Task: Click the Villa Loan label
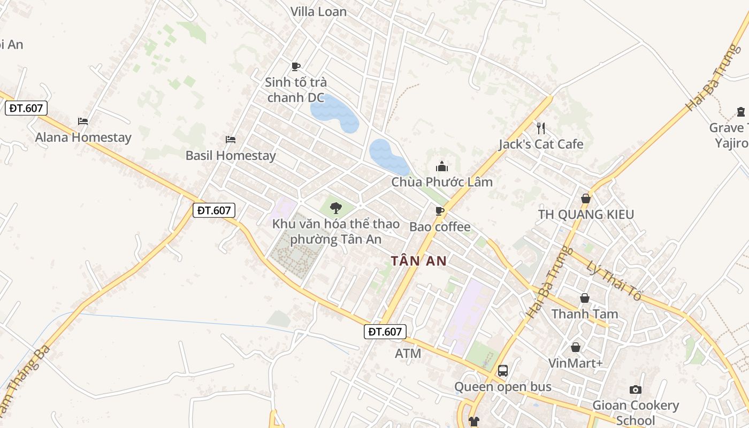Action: [x=318, y=11]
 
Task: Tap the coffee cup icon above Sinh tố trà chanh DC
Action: [x=295, y=66]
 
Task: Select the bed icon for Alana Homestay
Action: [x=83, y=121]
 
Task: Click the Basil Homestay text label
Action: [x=231, y=156]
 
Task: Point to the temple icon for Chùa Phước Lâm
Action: [x=442, y=166]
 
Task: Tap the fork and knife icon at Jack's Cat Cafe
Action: [x=541, y=128]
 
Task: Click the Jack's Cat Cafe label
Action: [x=541, y=144]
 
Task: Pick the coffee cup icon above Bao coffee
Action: [x=440, y=211]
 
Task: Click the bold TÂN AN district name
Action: [x=418, y=261]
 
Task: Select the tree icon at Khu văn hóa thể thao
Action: [x=336, y=208]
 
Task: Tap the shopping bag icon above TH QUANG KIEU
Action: [x=586, y=198]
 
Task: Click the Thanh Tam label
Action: [x=585, y=314]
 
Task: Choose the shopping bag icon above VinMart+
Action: [x=576, y=347]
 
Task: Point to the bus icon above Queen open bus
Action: [x=503, y=370]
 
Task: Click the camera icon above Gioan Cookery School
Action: [x=636, y=389]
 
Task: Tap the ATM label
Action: [x=408, y=354]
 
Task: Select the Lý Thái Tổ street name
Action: [x=614, y=281]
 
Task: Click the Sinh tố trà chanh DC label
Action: [x=296, y=90]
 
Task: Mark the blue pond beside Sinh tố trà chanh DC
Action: [x=335, y=114]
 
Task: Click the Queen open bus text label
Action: [x=503, y=387]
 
